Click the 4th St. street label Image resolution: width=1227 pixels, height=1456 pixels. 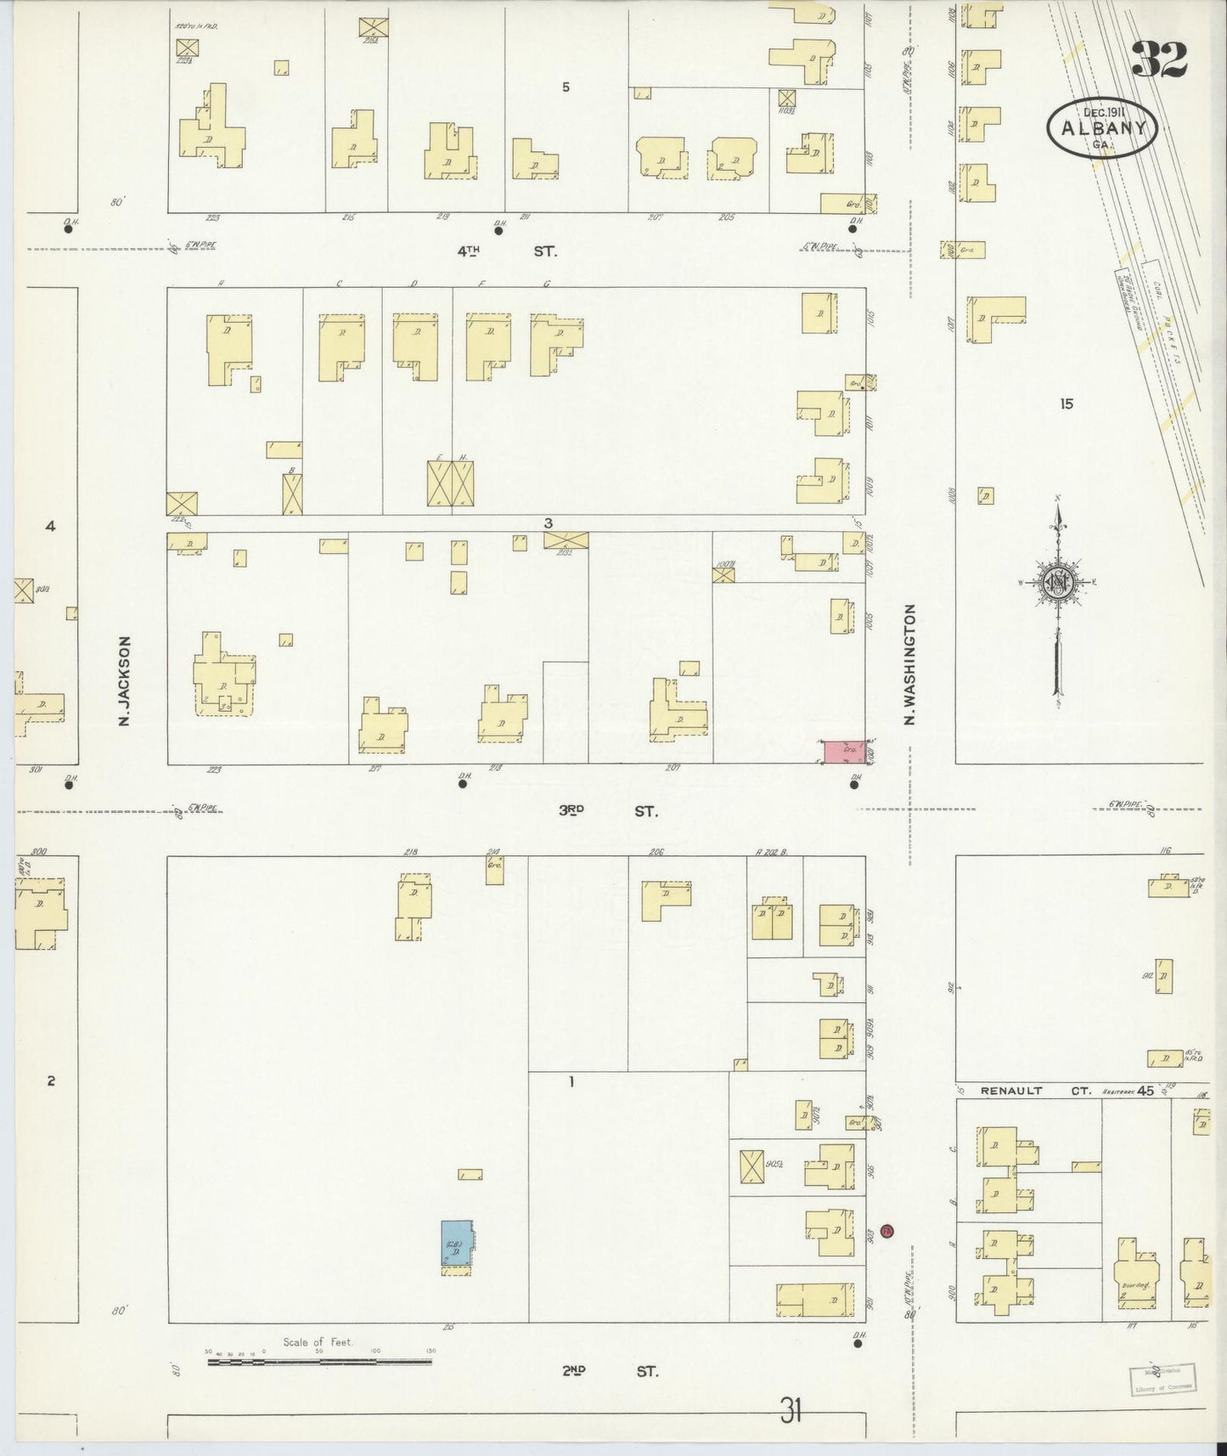(x=508, y=251)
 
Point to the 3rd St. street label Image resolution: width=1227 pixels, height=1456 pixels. (x=607, y=810)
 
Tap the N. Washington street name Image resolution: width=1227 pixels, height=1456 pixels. (x=909, y=664)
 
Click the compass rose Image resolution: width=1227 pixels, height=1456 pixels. (x=1058, y=584)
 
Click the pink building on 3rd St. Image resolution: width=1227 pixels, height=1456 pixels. (x=842, y=751)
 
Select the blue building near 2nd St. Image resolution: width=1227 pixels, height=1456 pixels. (x=457, y=1245)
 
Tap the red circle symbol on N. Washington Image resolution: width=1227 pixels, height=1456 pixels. (x=887, y=1230)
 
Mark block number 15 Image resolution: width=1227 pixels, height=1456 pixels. (x=1066, y=404)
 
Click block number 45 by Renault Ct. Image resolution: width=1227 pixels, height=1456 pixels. (x=1145, y=1091)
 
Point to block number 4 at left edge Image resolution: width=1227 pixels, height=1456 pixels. (x=50, y=526)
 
